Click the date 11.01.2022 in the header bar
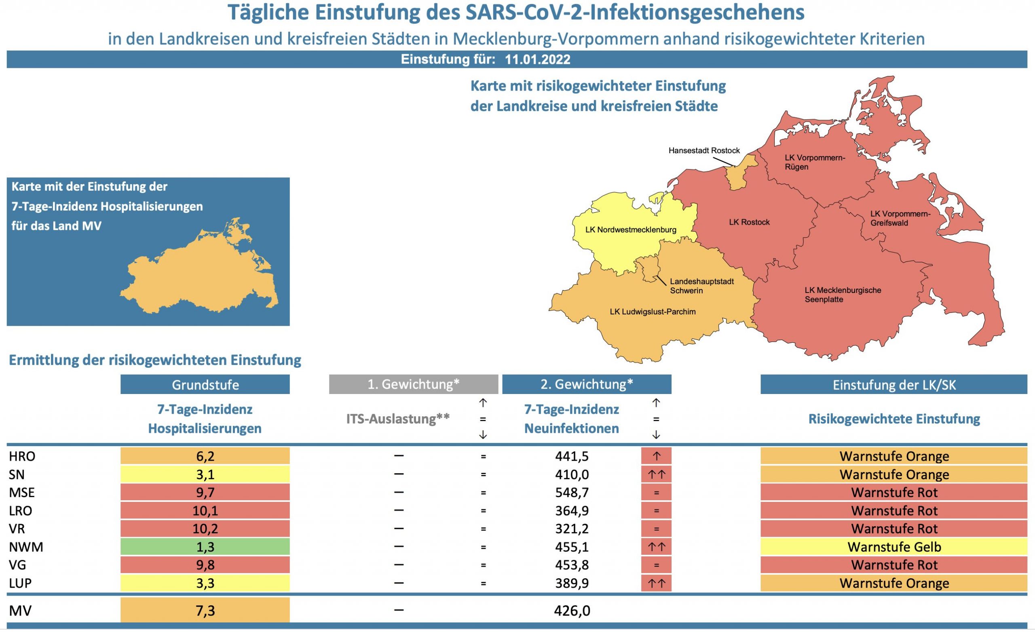[537, 59]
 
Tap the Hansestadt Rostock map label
[704, 150]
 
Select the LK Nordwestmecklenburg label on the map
[630, 230]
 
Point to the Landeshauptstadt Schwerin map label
[701, 286]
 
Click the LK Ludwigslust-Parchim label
[653, 312]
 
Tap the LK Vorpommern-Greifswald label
[900, 218]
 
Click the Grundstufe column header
[205, 385]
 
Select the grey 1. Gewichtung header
[413, 384]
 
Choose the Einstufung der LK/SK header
[894, 385]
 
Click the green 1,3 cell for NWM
[205, 547]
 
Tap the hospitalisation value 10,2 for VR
[205, 528]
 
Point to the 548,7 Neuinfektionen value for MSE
[572, 492]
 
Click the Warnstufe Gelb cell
[894, 547]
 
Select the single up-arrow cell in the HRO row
[656, 456]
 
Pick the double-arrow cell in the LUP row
[656, 583]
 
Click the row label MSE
[22, 492]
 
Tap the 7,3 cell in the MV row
[205, 610]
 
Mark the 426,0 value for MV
[572, 610]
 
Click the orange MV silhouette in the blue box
[197, 277]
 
